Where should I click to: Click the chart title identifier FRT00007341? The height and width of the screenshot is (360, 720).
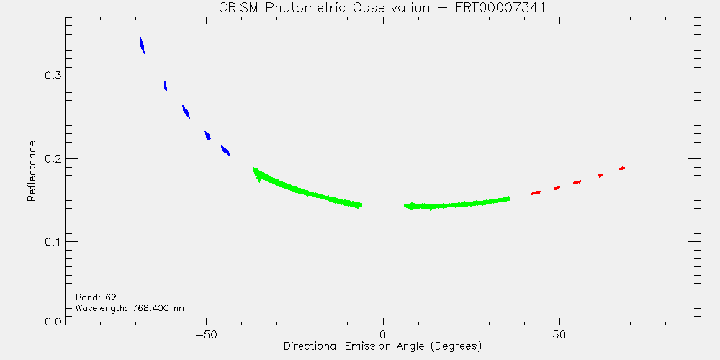(x=504, y=8)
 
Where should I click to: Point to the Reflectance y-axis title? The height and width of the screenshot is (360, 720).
(x=31, y=171)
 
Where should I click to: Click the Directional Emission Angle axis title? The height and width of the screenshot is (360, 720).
(x=382, y=346)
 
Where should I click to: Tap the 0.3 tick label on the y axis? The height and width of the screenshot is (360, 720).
(x=53, y=76)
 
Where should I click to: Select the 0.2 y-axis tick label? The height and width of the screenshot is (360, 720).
(x=53, y=159)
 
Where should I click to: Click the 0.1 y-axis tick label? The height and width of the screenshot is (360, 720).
(x=53, y=241)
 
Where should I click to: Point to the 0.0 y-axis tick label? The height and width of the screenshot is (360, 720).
(x=53, y=321)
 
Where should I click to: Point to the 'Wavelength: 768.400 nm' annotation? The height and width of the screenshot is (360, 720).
(x=131, y=308)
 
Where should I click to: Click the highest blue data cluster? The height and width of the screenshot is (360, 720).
(x=143, y=45)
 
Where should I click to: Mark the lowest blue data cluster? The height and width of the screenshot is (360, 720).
(x=225, y=150)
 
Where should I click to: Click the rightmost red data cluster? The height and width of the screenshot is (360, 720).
(x=622, y=168)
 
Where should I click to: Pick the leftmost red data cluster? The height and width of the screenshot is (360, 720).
(x=536, y=193)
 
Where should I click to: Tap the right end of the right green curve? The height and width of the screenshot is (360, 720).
(x=510, y=198)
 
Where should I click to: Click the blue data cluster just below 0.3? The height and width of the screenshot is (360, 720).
(x=166, y=86)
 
